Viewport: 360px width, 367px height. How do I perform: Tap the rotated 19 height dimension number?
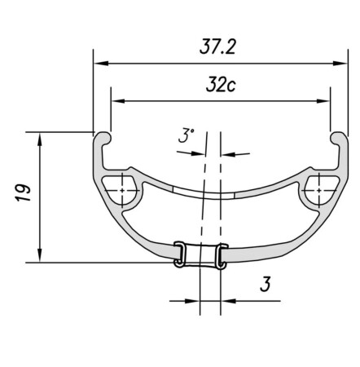pos(24,193)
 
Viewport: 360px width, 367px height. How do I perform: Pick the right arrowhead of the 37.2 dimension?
pos(334,62)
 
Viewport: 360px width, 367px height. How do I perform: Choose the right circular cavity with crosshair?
pos(315,189)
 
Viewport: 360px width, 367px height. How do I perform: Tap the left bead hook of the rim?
pos(104,139)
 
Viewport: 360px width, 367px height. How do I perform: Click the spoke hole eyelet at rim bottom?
pos(200,254)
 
